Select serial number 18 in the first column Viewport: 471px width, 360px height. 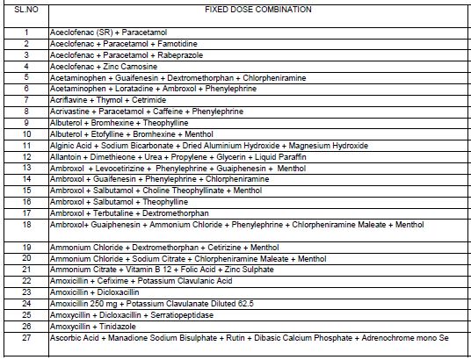pyautogui.click(x=27, y=225)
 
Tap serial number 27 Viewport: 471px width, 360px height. pyautogui.click(x=27, y=337)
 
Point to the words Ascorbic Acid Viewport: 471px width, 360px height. pyautogui.click(x=69, y=337)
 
